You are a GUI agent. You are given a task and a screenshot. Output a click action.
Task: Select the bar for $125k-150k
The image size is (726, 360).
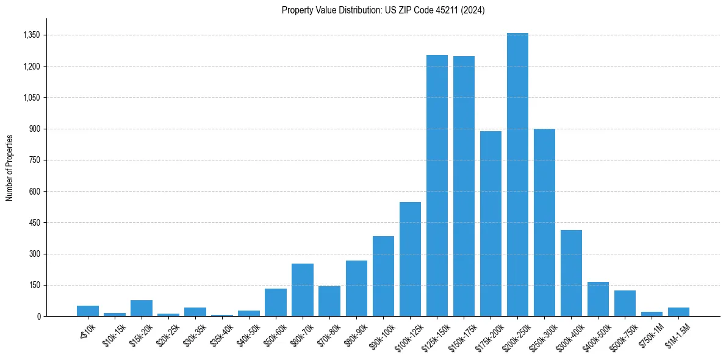click(x=437, y=185)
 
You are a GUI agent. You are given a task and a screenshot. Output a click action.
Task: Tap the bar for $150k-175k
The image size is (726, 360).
click(x=464, y=186)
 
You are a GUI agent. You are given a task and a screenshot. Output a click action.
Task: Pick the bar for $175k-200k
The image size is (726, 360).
click(x=491, y=223)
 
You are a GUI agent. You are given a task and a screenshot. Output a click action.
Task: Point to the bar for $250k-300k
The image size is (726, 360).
click(x=544, y=222)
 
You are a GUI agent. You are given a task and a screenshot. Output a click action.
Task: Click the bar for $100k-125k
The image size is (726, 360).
click(x=410, y=259)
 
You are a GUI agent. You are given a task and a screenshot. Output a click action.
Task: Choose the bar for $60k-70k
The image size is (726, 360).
click(x=303, y=290)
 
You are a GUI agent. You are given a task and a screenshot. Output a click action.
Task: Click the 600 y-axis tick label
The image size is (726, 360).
click(x=34, y=192)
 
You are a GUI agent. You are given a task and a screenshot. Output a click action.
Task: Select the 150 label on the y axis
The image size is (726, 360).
click(x=34, y=285)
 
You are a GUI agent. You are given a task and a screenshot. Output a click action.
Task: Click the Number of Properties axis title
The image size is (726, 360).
click(x=10, y=167)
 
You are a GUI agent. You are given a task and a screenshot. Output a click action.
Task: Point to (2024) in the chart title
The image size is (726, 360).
click(x=473, y=10)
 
